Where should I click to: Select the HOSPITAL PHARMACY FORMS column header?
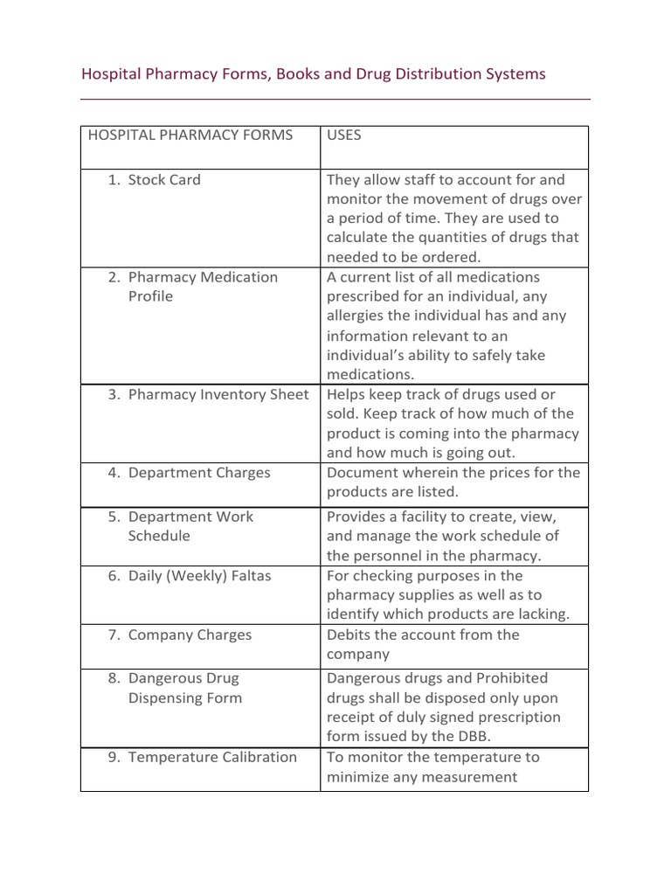190,135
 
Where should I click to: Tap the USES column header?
343,135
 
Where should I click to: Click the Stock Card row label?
163,180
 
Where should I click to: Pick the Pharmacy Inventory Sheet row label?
218,394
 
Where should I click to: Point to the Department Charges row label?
199,473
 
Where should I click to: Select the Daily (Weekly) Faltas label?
199,576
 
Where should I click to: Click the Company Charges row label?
190,635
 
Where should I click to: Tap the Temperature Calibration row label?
212,758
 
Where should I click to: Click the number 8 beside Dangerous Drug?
113,678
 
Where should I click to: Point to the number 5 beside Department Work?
113,517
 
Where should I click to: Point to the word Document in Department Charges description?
362,473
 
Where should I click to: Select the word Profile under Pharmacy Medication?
150,296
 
